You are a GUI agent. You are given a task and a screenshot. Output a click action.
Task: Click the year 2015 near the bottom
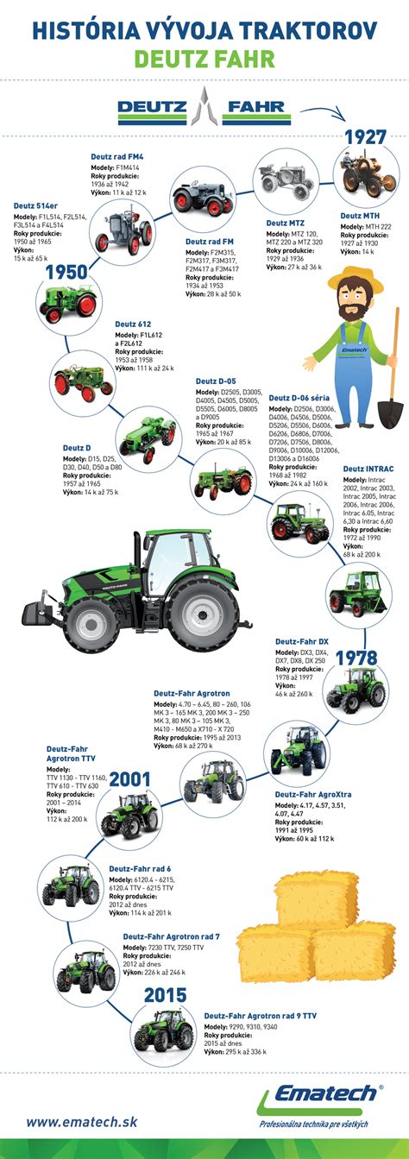166,996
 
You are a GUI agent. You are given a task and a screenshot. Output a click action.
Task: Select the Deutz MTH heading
362,216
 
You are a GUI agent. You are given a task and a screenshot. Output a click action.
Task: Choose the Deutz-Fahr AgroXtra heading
311,794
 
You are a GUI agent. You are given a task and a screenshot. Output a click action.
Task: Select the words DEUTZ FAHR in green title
204,60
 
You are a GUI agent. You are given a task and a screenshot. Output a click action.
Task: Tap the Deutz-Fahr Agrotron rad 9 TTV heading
260,1017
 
